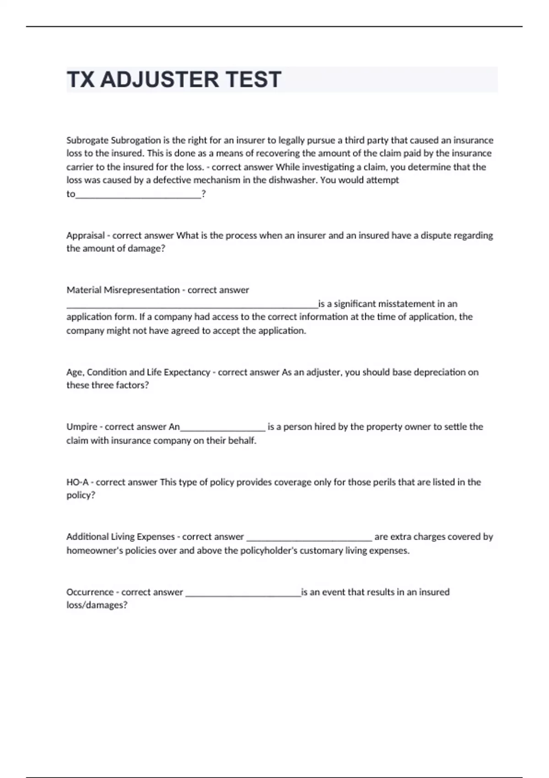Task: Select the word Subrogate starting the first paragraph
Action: pyautogui.click(x=87, y=140)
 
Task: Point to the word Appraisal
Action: pyautogui.click(x=86, y=236)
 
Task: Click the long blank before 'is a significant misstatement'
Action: pyautogui.click(x=192, y=306)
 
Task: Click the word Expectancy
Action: pyautogui.click(x=187, y=372)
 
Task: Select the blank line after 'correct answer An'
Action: pyautogui.click(x=223, y=429)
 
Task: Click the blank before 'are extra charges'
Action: pyautogui.click(x=309, y=539)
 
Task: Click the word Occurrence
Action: pyautogui.click(x=90, y=592)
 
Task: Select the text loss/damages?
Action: pyautogui.click(x=97, y=605)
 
